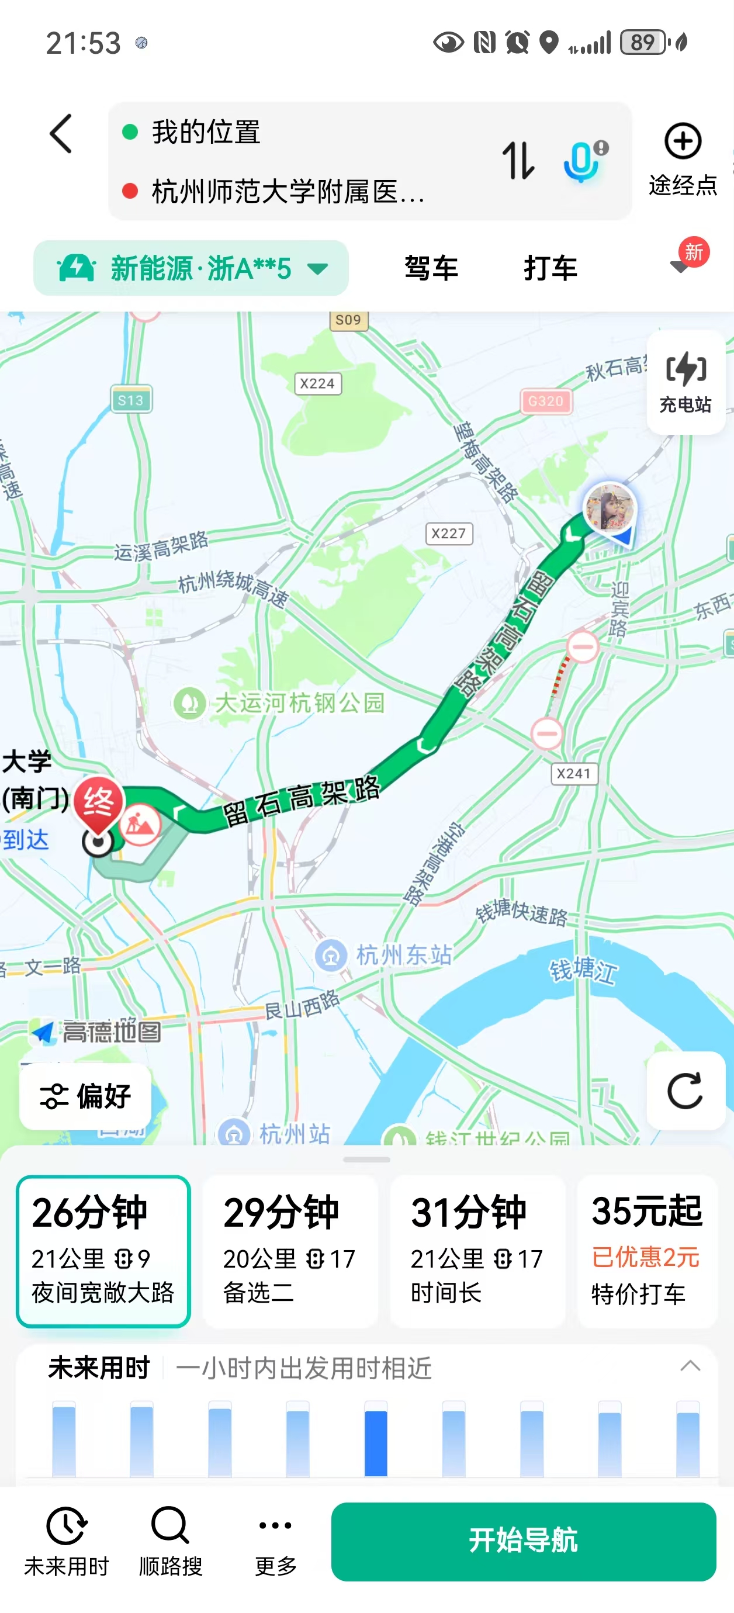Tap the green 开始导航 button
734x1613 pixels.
[523, 1541]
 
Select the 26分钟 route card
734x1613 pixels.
[103, 1251]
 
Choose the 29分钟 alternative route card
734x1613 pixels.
[290, 1251]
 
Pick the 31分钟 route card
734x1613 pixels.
[477, 1251]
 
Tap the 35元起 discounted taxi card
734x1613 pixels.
[646, 1251]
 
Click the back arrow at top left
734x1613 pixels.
[61, 133]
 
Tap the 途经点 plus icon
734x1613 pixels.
[682, 141]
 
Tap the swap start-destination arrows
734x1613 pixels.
[518, 160]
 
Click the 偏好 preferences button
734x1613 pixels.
[85, 1096]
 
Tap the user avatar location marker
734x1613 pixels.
[609, 507]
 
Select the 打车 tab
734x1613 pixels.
[550, 268]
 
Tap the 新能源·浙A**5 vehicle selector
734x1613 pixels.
[191, 268]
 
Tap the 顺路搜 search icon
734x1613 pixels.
[170, 1525]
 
